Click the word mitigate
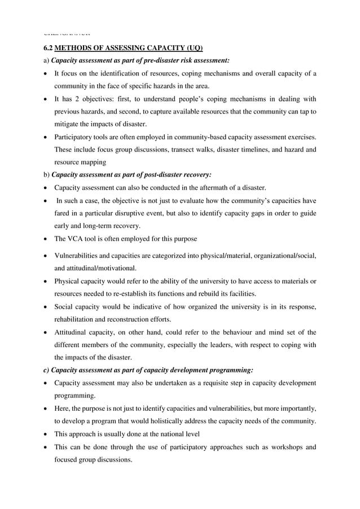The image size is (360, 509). point(68,125)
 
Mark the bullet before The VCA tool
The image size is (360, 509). point(45,239)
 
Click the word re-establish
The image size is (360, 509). point(161,294)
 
